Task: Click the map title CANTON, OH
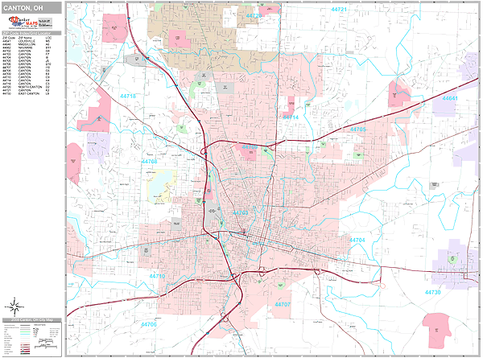pyautogui.click(x=24, y=9)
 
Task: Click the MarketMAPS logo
pyautogui.click(x=31, y=23)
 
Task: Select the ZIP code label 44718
pyautogui.click(x=127, y=97)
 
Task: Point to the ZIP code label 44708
pyautogui.click(x=150, y=162)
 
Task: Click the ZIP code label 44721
pyautogui.click(x=338, y=10)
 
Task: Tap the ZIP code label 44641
pyautogui.click(x=449, y=98)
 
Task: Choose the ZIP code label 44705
pyautogui.click(x=357, y=129)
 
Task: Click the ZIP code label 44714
pyautogui.click(x=291, y=117)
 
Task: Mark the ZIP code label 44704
pyautogui.click(x=357, y=240)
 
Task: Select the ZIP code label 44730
pyautogui.click(x=433, y=292)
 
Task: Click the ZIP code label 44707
pyautogui.click(x=283, y=305)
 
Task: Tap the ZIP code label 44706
pyautogui.click(x=149, y=324)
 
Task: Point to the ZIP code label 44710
pyautogui.click(x=157, y=276)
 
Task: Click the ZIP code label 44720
pyautogui.click(x=254, y=15)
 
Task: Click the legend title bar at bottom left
pyautogui.click(x=31, y=320)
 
